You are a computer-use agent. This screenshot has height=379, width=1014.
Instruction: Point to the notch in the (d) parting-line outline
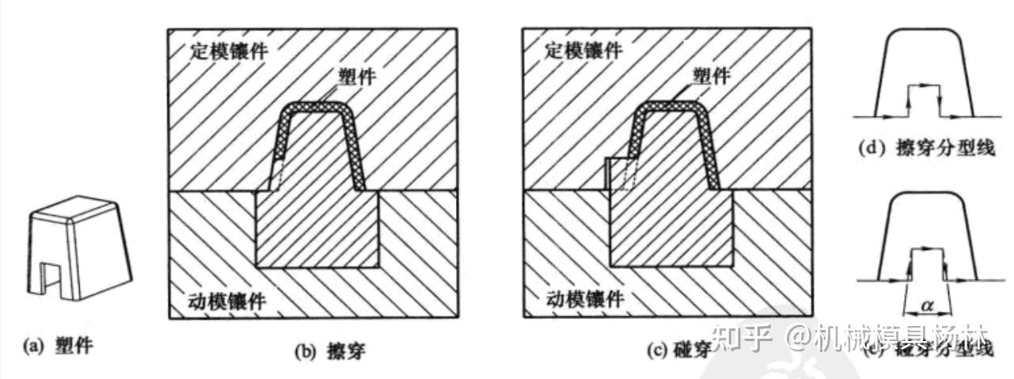[x=924, y=97]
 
